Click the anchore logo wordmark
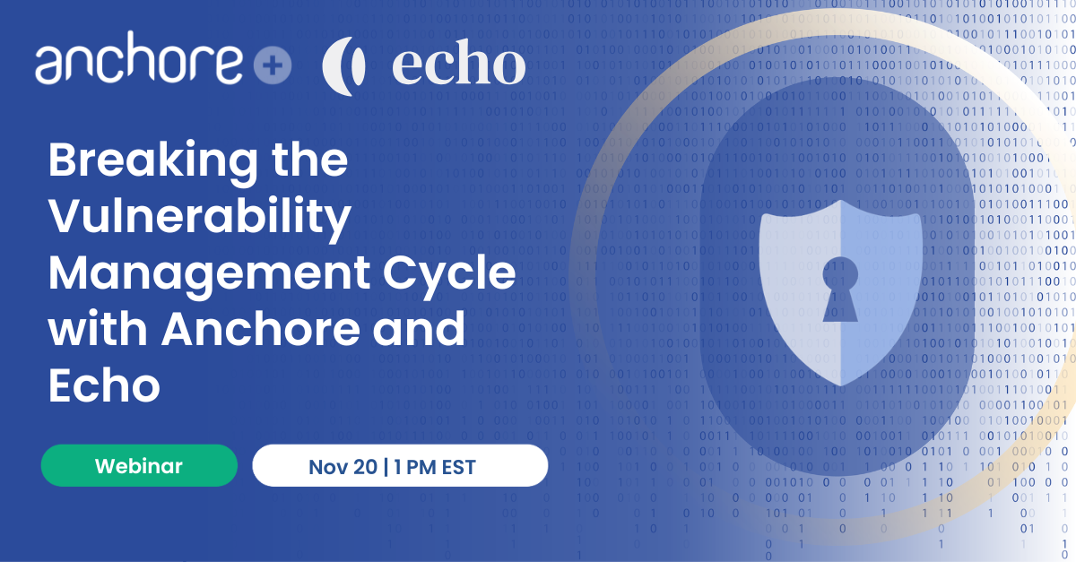139,57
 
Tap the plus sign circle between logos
273,65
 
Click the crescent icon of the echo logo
344,66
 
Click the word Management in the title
209,273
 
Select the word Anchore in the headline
260,329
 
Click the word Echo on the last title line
104,385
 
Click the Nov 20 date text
343,467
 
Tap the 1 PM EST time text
435,467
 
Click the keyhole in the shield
840,290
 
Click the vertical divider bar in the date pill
386,467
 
